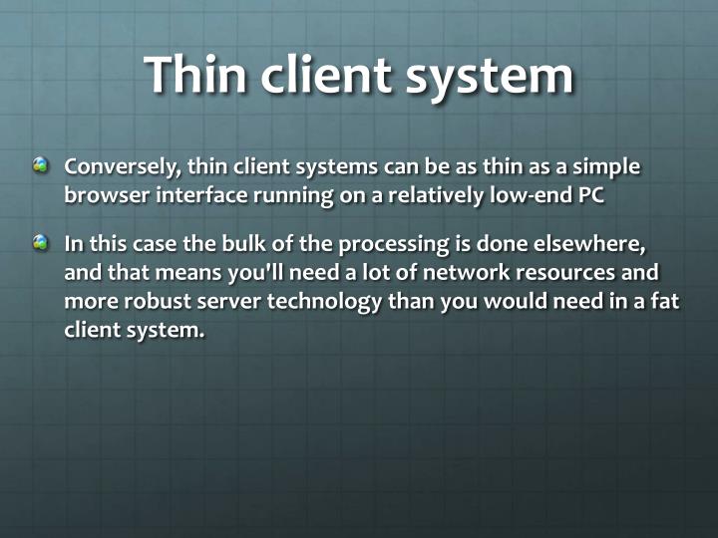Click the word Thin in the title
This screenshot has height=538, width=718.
tap(195, 74)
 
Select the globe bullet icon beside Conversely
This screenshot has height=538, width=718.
tap(40, 165)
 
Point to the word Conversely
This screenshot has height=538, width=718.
tap(120, 166)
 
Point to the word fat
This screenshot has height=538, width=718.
tap(666, 301)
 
